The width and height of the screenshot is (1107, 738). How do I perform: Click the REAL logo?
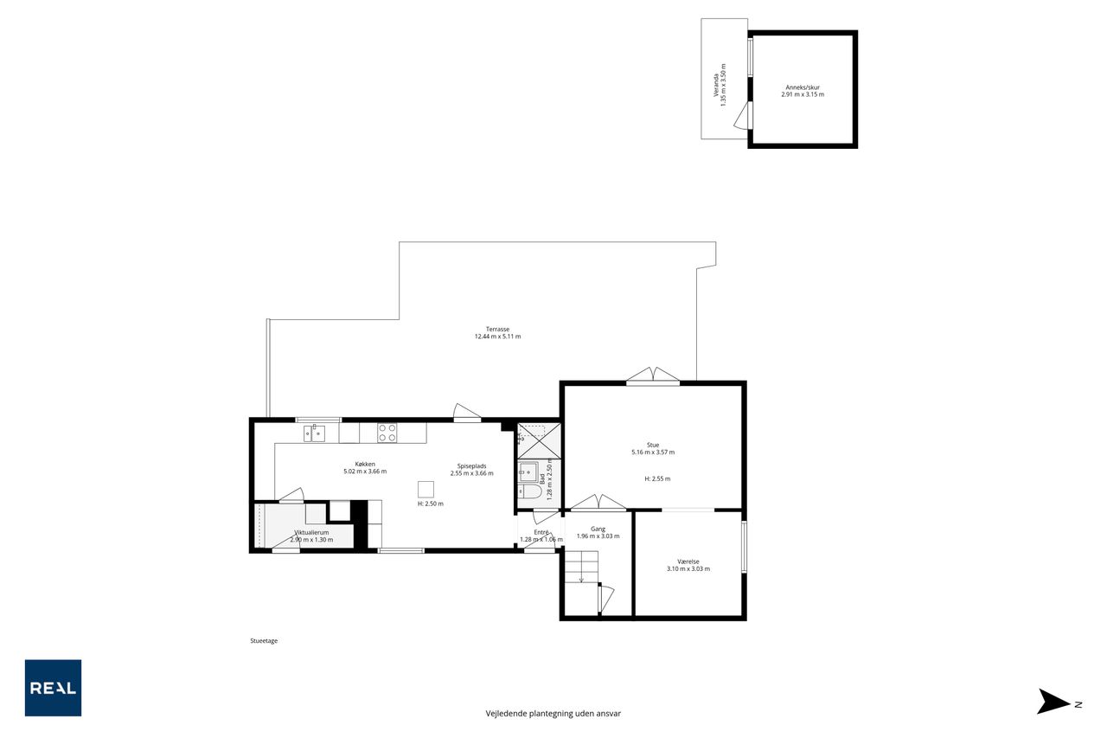[x=53, y=688]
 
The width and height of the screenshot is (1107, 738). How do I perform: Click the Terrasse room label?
[x=497, y=330]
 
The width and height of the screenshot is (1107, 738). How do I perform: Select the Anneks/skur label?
[x=803, y=87]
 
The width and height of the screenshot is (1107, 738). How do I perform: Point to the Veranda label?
[x=715, y=85]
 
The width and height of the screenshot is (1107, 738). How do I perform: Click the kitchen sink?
[x=314, y=433]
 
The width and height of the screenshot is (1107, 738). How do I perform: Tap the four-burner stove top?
[x=387, y=433]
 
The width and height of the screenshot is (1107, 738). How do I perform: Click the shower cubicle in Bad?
[x=539, y=441]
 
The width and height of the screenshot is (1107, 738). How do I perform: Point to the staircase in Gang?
[x=581, y=568]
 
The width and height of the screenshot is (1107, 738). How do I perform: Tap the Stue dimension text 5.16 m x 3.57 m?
[x=653, y=452]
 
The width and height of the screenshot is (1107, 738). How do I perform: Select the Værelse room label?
[x=688, y=562]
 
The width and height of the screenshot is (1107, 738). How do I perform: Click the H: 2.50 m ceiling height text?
[x=431, y=504]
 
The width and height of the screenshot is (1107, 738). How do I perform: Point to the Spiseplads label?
[x=471, y=466]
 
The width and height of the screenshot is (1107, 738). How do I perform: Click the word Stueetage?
[x=264, y=640]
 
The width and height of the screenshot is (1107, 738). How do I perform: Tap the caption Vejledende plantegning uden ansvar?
[x=553, y=713]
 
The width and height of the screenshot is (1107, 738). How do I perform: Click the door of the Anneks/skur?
[x=742, y=117]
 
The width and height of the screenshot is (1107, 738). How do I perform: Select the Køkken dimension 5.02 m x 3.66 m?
[x=365, y=472]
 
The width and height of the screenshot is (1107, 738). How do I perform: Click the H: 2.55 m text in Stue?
[x=658, y=478]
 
